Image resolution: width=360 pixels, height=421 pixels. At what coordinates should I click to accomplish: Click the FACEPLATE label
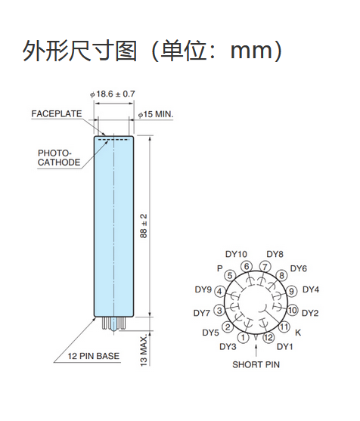click(57, 114)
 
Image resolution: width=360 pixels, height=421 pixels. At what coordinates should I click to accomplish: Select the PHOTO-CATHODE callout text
click(59, 158)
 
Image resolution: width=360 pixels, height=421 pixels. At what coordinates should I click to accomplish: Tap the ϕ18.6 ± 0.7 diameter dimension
click(112, 94)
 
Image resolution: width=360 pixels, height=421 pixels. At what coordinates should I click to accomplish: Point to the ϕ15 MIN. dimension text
click(156, 114)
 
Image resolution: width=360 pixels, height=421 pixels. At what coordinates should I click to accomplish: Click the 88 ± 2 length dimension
click(144, 226)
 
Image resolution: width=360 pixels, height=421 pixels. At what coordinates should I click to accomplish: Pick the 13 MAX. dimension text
click(144, 350)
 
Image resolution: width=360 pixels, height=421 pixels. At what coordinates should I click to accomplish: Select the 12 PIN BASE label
click(94, 356)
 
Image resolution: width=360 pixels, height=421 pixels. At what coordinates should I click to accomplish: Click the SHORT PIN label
click(256, 364)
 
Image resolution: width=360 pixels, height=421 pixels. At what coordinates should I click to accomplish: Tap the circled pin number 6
click(247, 267)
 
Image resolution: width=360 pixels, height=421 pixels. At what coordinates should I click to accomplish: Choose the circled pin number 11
click(284, 327)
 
